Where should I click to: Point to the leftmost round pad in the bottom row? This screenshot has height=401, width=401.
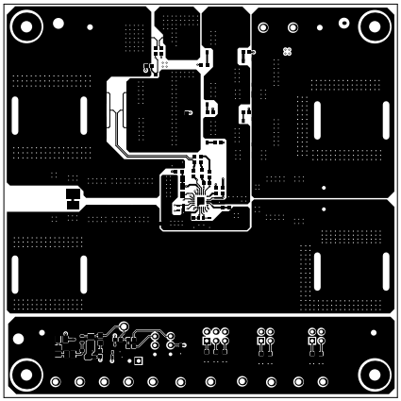click(x=56, y=381)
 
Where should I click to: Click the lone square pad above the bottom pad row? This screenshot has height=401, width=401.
click(x=138, y=359)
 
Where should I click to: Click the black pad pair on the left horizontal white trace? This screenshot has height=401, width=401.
click(x=72, y=199)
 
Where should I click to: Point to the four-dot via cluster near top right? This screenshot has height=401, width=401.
click(x=288, y=50)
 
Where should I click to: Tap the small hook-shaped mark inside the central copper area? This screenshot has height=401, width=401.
click(x=189, y=113)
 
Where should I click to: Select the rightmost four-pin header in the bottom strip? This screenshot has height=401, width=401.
click(x=314, y=338)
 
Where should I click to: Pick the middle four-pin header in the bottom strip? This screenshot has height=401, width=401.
click(x=265, y=338)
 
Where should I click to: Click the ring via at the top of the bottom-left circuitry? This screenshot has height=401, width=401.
click(x=122, y=327)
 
